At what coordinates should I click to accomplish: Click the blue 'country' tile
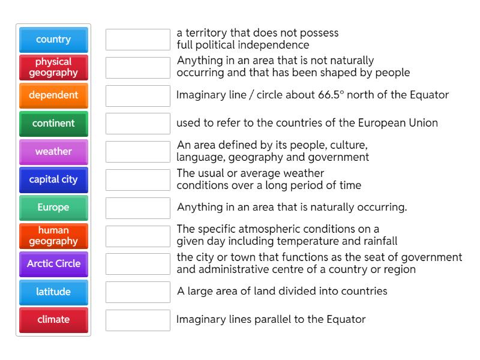[x=53, y=40]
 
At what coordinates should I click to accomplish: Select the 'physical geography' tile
[x=53, y=67]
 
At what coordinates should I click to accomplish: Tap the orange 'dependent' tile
[x=53, y=95]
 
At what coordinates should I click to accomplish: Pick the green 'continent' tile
[x=53, y=124]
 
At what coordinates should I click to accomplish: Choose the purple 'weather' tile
[x=53, y=152]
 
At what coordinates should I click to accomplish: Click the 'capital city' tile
[x=53, y=179]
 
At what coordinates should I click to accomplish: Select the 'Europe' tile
[x=53, y=208]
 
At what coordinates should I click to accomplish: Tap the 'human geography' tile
[x=53, y=236]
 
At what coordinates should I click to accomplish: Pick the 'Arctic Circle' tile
[x=53, y=263]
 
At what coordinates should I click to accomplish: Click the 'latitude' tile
[x=53, y=292]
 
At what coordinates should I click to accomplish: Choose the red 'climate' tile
[x=53, y=320]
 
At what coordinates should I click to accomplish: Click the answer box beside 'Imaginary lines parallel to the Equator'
[x=138, y=320]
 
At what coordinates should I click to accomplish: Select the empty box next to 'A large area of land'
[x=138, y=292]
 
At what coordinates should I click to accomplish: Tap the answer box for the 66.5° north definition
[x=138, y=95]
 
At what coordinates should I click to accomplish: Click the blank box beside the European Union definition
[x=138, y=124]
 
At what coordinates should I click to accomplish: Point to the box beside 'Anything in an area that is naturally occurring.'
[x=138, y=208]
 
